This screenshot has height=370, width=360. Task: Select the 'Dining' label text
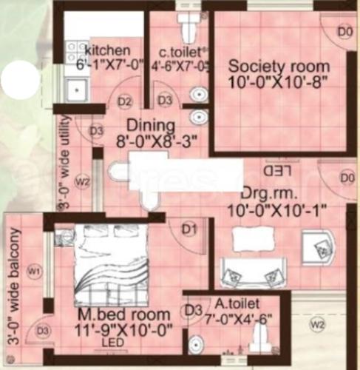point(150,124)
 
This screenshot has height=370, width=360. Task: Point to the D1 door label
point(189,229)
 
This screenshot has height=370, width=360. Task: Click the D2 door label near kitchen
point(125,101)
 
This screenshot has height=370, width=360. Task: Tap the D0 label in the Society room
point(344,31)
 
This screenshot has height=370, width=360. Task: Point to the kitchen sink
point(75,91)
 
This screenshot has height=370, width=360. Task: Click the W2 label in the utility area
point(83,180)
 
